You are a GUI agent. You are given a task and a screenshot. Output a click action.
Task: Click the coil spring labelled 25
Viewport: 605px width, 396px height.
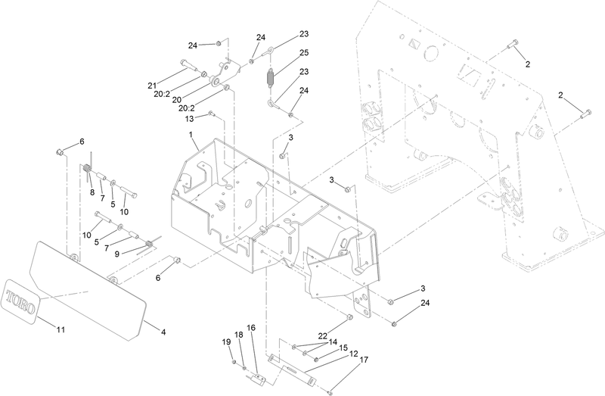coord(269,76)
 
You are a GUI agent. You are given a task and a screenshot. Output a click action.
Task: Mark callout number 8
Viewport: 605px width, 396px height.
coord(92,192)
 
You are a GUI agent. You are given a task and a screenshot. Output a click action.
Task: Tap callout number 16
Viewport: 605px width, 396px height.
coord(251,328)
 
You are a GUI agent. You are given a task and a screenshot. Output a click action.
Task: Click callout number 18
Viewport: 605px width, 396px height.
coord(237,335)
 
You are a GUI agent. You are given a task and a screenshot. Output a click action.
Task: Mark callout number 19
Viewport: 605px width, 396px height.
coord(225,342)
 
